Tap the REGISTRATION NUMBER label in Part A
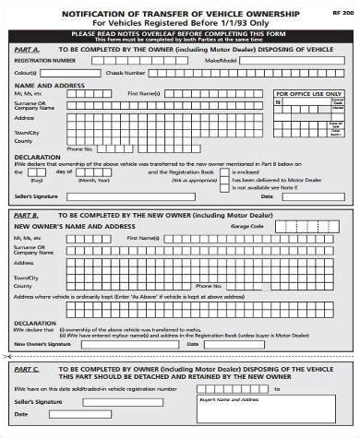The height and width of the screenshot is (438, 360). coord(44,60)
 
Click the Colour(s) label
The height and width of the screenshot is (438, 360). coord(25,72)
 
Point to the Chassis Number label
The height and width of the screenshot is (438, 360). coord(126,72)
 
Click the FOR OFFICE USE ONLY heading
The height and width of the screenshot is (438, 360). coord(308,93)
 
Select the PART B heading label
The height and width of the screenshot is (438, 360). coord(26,215)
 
